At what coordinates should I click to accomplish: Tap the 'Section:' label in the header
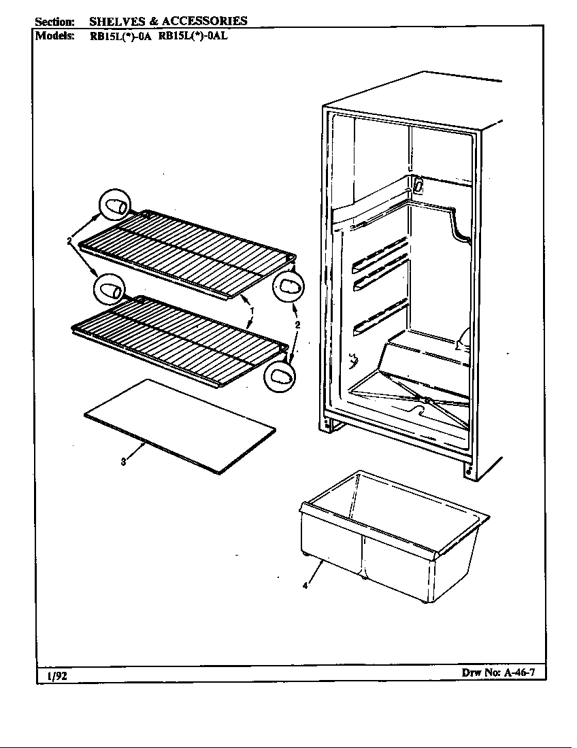(x=54, y=21)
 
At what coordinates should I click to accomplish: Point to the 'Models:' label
(x=54, y=37)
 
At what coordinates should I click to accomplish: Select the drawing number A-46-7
(x=521, y=673)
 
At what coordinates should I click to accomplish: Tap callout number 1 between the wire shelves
(x=252, y=310)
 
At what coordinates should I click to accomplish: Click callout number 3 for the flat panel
(x=123, y=463)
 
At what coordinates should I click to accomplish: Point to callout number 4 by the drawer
(x=306, y=585)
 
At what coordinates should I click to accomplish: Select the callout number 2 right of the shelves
(x=297, y=325)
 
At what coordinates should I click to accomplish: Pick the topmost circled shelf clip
(x=114, y=205)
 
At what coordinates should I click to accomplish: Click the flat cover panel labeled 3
(x=180, y=425)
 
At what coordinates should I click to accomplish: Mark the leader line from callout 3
(x=136, y=453)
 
